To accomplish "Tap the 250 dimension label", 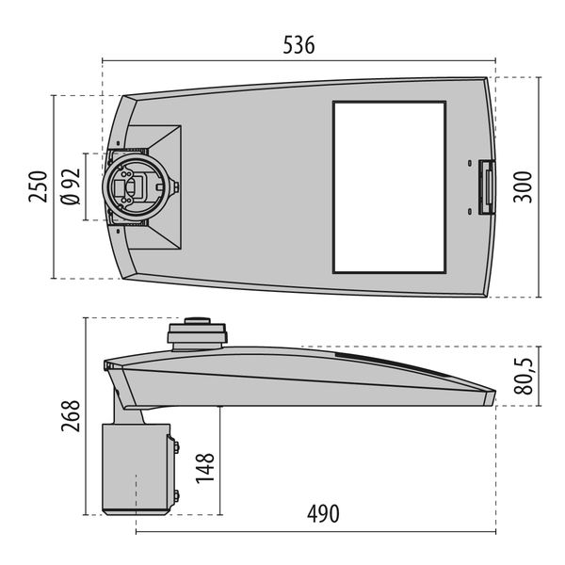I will click(x=37, y=187).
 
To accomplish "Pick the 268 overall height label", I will click(x=70, y=414).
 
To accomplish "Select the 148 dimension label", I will click(x=206, y=468).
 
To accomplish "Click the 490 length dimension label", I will click(x=321, y=514).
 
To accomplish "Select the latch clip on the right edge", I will click(x=487, y=187).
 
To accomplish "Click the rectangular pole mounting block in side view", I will click(x=136, y=468).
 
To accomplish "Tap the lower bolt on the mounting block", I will click(x=175, y=495).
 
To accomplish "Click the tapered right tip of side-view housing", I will click(x=488, y=396).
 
